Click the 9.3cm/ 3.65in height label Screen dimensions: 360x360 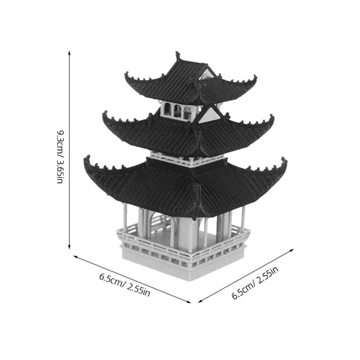tap(60, 157)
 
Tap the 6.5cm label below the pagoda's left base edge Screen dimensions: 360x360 tap(124, 285)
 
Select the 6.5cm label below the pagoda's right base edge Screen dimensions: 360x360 tap(255, 283)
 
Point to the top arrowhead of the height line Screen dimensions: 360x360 tap(69, 53)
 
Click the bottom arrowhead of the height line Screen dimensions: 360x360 tap(69, 247)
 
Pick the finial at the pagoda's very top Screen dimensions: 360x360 tap(178, 56)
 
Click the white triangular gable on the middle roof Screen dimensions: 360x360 tap(209, 115)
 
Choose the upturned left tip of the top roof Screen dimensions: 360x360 tap(127, 74)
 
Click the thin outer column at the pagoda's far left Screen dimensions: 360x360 tap(124, 217)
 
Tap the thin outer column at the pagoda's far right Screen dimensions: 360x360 tap(242, 218)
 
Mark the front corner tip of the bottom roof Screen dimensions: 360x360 tap(195, 217)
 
